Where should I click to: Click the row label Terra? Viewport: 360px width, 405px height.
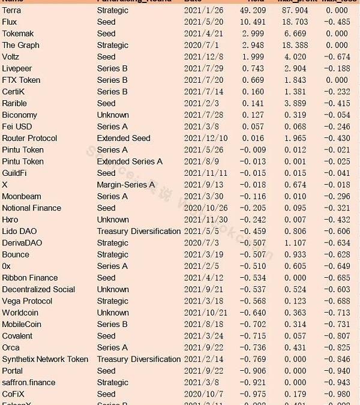(x=11, y=10)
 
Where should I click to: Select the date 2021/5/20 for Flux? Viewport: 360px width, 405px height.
(x=203, y=22)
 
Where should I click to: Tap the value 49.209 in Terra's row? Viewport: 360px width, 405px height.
(x=251, y=10)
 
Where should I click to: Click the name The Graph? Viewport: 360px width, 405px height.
(x=20, y=45)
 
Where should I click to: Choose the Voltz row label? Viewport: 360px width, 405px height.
(x=11, y=57)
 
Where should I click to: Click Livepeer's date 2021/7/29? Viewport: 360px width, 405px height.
(x=203, y=68)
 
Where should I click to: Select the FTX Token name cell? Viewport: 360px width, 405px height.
(x=21, y=80)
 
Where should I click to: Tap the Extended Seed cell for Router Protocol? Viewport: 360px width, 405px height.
(x=124, y=138)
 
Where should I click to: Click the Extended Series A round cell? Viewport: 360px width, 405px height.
(x=130, y=161)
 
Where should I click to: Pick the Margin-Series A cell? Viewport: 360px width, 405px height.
(x=125, y=185)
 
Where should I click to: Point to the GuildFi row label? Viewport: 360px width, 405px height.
(x=14, y=173)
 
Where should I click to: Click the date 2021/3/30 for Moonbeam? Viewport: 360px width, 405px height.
(x=203, y=196)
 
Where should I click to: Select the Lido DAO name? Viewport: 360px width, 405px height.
(x=18, y=231)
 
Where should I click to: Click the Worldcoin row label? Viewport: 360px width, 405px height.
(x=20, y=313)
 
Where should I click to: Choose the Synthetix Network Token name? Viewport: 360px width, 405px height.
(x=45, y=359)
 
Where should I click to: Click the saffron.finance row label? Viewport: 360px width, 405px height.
(x=28, y=382)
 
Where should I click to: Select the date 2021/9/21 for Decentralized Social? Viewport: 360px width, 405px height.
(x=203, y=289)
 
